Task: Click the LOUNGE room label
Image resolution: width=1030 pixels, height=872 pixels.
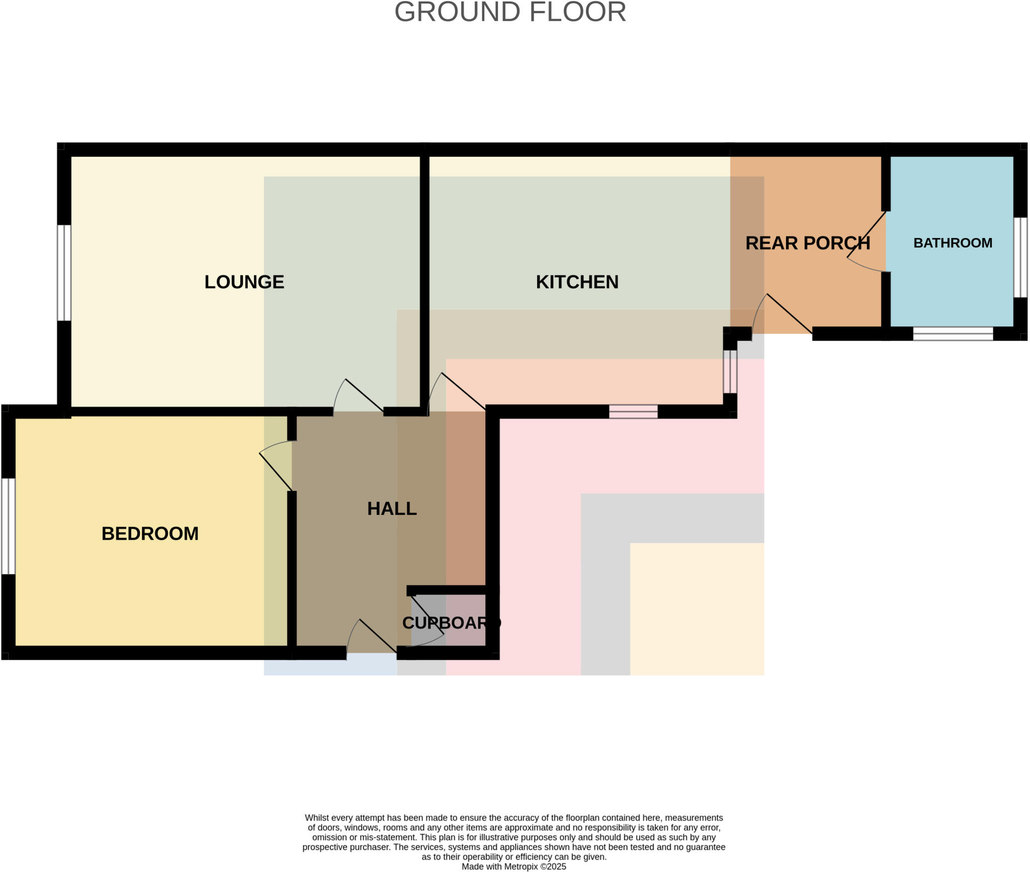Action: pos(244,282)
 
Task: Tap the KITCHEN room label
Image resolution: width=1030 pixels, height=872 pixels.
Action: pos(577,282)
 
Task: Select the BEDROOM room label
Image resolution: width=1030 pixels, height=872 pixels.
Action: pos(150,534)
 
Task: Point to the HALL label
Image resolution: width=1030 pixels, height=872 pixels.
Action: pos(392,508)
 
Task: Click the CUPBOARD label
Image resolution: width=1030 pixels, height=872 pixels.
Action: pos(451,623)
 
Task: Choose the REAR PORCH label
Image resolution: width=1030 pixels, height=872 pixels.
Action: pos(807,243)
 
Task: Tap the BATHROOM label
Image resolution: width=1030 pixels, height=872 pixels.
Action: pos(953,243)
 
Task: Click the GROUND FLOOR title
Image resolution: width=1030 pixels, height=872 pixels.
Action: pos(510,12)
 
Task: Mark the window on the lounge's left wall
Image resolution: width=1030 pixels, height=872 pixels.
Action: pos(64,273)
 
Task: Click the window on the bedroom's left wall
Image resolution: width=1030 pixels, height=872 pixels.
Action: pos(8,526)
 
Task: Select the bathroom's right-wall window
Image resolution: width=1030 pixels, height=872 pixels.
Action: pos(1020,257)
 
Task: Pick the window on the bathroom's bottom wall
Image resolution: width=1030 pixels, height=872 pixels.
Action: pos(953,333)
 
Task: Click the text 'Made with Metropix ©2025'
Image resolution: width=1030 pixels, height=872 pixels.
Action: pos(513,866)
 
